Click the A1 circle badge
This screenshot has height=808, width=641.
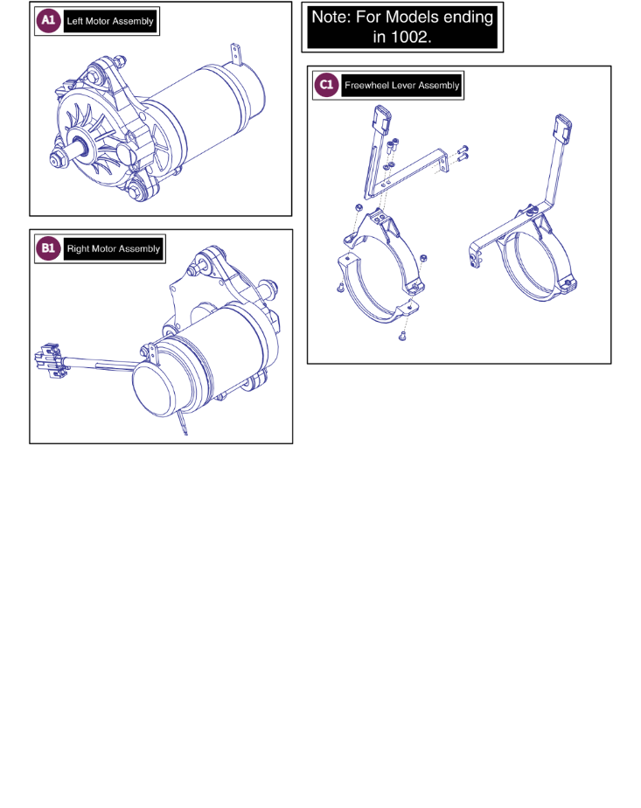(x=48, y=21)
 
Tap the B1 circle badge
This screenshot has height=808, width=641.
(x=48, y=248)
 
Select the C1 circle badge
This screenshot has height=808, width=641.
(x=327, y=85)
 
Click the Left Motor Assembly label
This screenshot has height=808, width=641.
(x=110, y=21)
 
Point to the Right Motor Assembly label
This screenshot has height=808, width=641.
(x=114, y=249)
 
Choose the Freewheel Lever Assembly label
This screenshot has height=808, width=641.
(x=402, y=86)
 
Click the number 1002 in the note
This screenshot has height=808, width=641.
(x=409, y=37)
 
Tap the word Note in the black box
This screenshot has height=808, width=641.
(x=331, y=17)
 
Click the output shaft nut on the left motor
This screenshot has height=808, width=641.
(x=56, y=161)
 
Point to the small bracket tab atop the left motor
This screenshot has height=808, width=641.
(x=236, y=53)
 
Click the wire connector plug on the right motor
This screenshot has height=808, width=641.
(x=50, y=359)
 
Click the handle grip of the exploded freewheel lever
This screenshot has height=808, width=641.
(x=382, y=120)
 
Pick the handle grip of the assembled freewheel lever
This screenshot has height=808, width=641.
(x=562, y=129)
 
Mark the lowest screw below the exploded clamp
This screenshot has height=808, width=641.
(x=403, y=337)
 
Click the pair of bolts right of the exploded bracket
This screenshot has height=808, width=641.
(x=463, y=154)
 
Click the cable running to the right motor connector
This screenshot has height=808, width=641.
(x=98, y=363)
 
